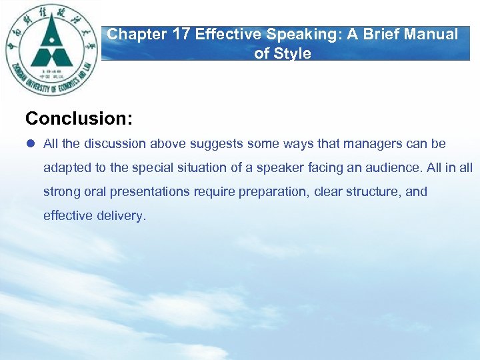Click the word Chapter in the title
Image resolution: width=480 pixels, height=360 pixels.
[137, 35]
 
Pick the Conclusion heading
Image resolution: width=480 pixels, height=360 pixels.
[79, 119]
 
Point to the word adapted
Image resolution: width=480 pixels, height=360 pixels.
[66, 168]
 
